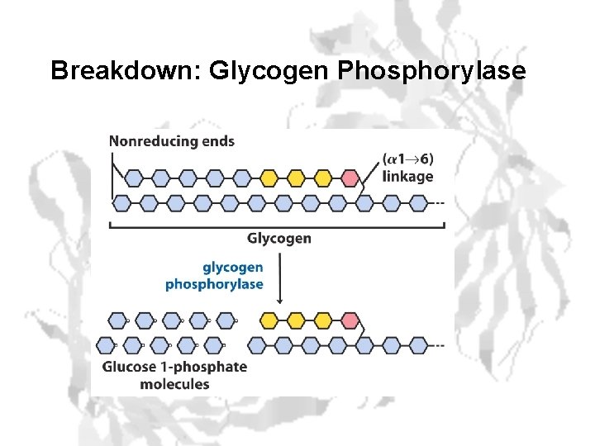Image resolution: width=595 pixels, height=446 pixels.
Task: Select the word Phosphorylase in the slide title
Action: click(x=431, y=71)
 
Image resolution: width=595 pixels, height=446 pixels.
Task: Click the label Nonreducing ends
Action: click(x=172, y=141)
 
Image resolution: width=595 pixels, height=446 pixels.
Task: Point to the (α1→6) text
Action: click(x=408, y=160)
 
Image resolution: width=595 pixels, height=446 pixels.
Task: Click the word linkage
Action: click(x=407, y=177)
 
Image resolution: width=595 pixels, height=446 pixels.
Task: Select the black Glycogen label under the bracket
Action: click(x=279, y=238)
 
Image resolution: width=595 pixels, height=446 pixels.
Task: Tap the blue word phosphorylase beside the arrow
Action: click(x=214, y=284)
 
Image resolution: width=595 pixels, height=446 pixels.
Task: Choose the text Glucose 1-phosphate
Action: click(x=174, y=367)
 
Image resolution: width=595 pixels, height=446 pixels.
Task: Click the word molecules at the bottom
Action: click(x=174, y=383)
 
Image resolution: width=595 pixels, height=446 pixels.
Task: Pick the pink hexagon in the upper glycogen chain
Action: click(x=350, y=178)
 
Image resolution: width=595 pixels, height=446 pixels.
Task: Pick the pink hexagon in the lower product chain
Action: click(x=350, y=320)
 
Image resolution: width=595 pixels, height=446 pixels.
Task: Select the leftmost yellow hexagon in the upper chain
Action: click(x=269, y=178)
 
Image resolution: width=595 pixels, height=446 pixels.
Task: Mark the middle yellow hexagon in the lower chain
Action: click(x=296, y=320)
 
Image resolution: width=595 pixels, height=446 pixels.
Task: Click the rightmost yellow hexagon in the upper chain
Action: click(x=322, y=178)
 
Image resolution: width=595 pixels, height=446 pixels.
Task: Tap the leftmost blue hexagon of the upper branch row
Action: click(x=134, y=178)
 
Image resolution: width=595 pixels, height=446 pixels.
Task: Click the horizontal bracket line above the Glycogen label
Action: click(x=279, y=225)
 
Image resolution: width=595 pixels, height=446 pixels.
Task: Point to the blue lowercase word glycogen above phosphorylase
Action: click(x=233, y=267)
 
